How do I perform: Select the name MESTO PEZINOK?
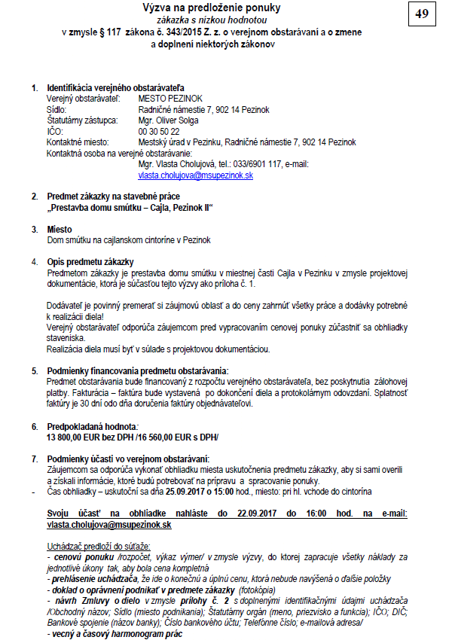[170, 99]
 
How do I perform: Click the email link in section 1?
[195, 175]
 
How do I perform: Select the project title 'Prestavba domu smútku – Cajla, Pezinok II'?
[130, 207]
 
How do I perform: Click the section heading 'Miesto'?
[60, 229]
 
